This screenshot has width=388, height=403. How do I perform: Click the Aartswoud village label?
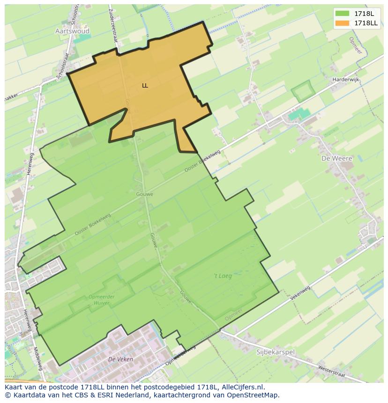(x=72, y=31)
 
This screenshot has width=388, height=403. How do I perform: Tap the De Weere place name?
(x=336, y=158)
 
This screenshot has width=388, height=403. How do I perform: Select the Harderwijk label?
(x=345, y=80)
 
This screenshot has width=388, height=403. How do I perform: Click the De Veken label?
(x=120, y=359)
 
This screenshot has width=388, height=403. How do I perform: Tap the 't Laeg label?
(x=223, y=276)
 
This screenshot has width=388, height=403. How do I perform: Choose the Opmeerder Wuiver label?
(x=99, y=300)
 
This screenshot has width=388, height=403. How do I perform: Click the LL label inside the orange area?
(x=145, y=86)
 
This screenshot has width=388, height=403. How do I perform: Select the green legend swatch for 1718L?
(x=343, y=14)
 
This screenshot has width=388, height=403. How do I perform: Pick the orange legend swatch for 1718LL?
(x=343, y=23)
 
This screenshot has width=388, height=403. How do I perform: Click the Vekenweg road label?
(x=300, y=293)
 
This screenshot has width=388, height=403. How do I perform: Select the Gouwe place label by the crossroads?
(x=145, y=194)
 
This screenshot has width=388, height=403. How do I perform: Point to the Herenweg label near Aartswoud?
(x=30, y=164)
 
